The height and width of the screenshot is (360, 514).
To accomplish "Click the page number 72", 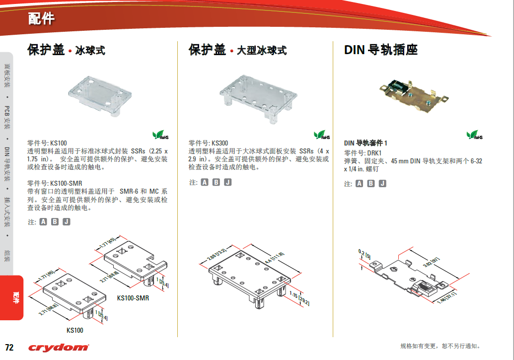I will point(9,347).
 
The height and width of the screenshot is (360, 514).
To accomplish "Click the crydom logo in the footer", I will point(59,347).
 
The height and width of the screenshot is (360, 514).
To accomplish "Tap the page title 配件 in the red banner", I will point(41,19).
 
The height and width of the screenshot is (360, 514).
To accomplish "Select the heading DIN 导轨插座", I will point(380,50).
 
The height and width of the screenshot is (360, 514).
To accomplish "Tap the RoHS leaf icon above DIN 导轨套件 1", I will point(474,135).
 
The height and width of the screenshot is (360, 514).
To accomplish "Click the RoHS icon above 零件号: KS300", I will point(322,135).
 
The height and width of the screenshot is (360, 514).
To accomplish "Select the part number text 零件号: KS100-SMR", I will point(55,183).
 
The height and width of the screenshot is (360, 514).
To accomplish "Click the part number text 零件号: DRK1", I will point(363,153).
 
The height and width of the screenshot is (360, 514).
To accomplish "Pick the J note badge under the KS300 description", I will point(228,182).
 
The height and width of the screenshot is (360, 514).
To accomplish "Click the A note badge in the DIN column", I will point(359,184).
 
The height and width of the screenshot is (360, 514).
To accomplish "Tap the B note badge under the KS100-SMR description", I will point(55,221).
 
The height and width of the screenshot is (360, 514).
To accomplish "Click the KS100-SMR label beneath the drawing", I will point(133,298).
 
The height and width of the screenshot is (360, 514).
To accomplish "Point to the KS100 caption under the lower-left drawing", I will point(75,330).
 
